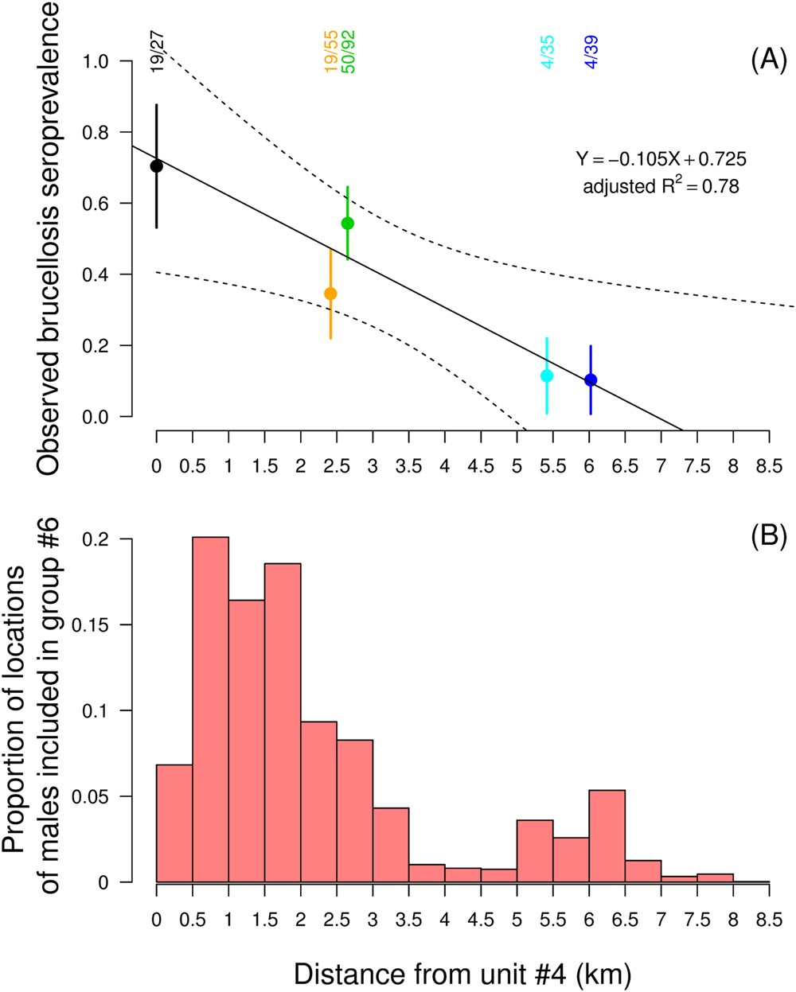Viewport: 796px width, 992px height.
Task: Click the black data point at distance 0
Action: click(x=157, y=165)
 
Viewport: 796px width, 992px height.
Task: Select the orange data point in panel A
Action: click(x=330, y=294)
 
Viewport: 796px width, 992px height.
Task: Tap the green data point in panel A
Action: click(x=347, y=223)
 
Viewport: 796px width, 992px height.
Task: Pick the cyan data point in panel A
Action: click(x=546, y=375)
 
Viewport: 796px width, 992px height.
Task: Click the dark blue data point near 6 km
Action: click(x=591, y=380)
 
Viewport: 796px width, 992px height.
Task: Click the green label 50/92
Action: click(x=349, y=52)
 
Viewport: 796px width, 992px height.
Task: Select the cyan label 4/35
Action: click(x=548, y=52)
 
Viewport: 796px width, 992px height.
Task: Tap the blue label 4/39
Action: click(x=591, y=52)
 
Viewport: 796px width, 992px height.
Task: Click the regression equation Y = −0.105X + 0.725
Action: click(x=661, y=159)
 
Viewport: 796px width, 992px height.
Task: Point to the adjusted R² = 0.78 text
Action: click(x=661, y=187)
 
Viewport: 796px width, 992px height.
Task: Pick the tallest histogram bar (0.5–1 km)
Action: click(x=210, y=708)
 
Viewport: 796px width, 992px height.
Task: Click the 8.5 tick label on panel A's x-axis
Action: click(x=769, y=465)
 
